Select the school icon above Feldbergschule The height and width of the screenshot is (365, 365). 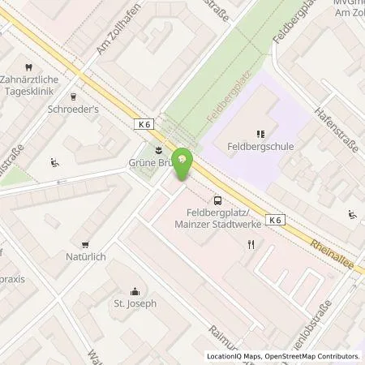pos(260,134)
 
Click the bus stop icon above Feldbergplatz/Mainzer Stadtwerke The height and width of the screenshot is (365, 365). pos(217,200)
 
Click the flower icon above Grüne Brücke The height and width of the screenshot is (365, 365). pos(157,148)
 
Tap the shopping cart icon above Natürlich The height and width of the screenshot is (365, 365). pos(84,243)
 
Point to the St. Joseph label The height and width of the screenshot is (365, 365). pos(135,306)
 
